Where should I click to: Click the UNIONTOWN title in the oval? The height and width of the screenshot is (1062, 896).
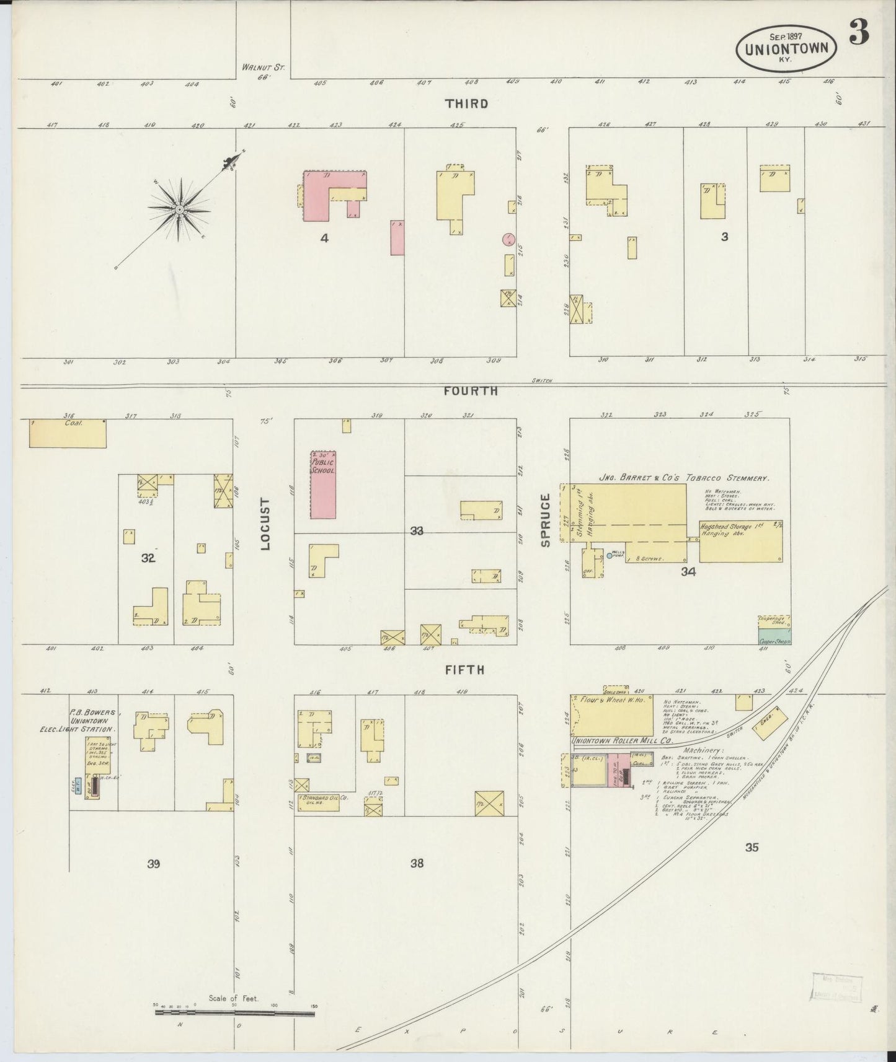tap(786, 48)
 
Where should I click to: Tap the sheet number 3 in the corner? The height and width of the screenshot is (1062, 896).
tap(859, 32)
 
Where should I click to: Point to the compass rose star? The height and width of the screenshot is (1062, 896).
tap(179, 209)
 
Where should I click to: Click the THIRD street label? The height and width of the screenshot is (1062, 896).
tap(466, 103)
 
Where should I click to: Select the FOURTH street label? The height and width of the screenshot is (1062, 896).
tap(471, 391)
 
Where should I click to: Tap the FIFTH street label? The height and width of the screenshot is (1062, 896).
tap(464, 670)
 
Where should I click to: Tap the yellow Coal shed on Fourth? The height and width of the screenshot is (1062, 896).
tap(68, 433)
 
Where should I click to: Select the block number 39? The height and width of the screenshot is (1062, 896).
tap(153, 864)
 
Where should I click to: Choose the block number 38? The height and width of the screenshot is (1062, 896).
tap(417, 862)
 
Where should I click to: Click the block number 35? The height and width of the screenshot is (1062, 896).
tap(751, 848)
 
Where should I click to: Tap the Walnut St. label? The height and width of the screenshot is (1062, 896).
tap(264, 69)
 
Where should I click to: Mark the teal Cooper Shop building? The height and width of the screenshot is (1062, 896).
tap(774, 636)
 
